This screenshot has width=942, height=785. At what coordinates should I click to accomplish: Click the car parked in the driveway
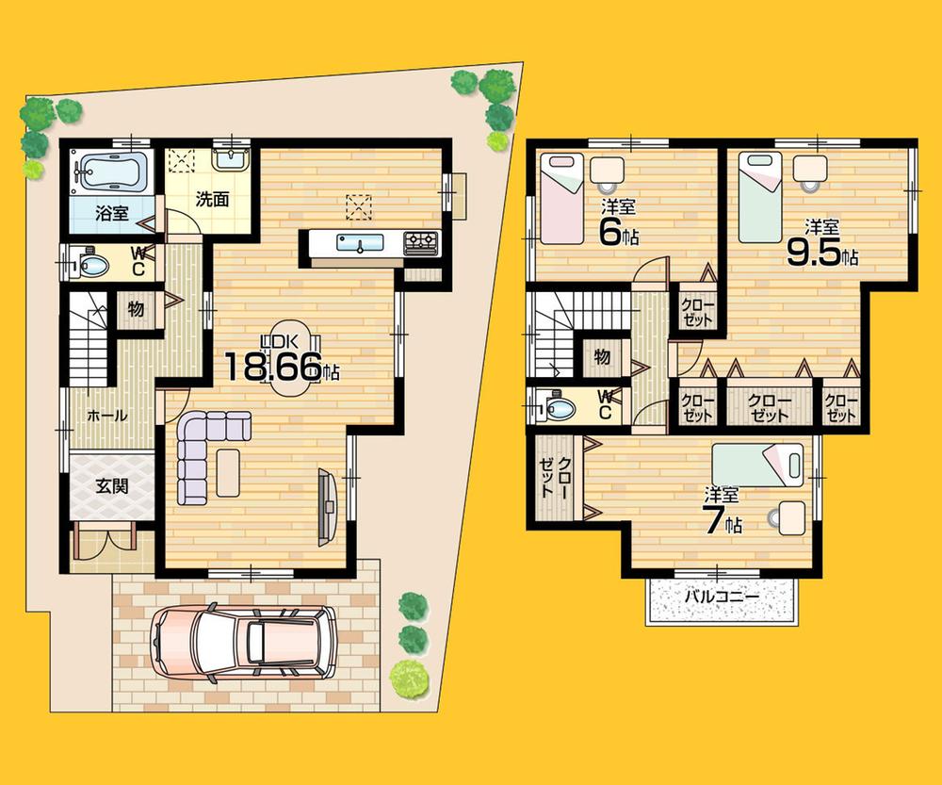(x=242, y=644)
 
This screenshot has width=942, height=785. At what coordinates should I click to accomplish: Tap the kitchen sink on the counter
(x=362, y=245)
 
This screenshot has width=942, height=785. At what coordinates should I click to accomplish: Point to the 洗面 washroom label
(x=213, y=200)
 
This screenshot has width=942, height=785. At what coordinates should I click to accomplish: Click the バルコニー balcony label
(x=721, y=597)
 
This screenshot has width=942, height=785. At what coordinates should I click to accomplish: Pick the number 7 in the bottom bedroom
(x=713, y=519)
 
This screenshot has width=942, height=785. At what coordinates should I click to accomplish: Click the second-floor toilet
(x=557, y=408)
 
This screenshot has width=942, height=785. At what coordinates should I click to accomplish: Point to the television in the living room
(x=327, y=505)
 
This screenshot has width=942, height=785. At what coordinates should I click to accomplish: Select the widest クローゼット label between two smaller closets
(x=769, y=407)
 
